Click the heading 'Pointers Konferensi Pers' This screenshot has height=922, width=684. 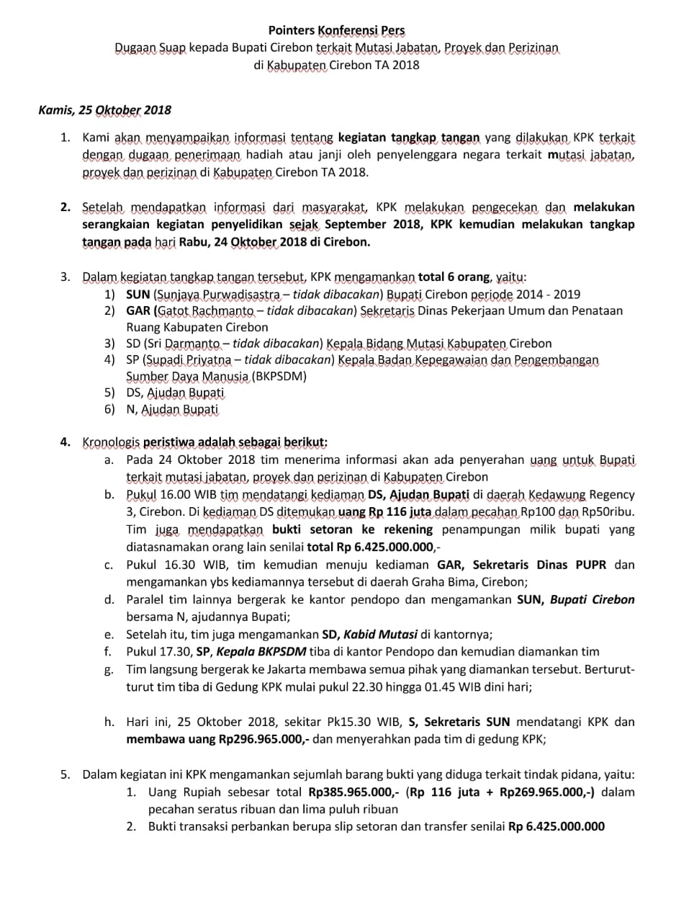coord(336,31)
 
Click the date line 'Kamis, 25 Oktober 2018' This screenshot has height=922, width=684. coord(104,110)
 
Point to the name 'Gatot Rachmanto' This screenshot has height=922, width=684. coord(205,310)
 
